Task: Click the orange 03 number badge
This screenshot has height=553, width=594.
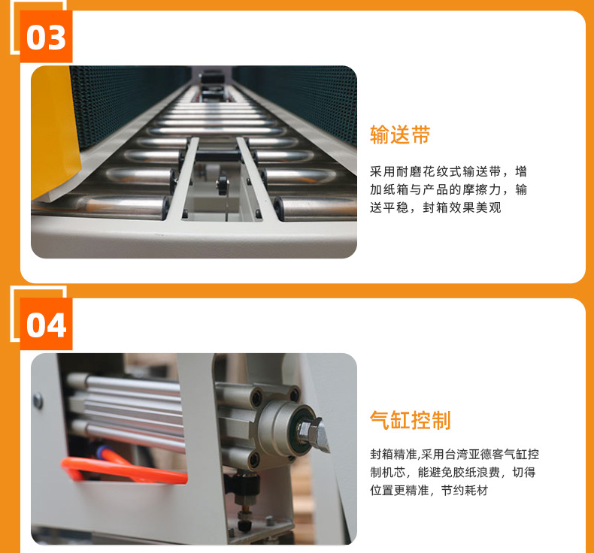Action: (x=46, y=37)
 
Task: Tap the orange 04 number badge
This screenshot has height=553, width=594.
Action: (x=46, y=324)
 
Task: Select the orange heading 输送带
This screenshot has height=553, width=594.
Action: (x=400, y=134)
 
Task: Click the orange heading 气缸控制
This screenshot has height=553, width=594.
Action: (x=411, y=420)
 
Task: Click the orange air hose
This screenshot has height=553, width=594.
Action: (x=121, y=470)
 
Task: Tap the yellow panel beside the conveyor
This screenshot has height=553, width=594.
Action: (x=54, y=131)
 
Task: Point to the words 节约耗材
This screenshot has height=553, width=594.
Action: (x=464, y=491)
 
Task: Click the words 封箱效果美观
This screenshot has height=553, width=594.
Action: (x=462, y=207)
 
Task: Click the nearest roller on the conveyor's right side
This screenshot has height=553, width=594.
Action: (x=315, y=209)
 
